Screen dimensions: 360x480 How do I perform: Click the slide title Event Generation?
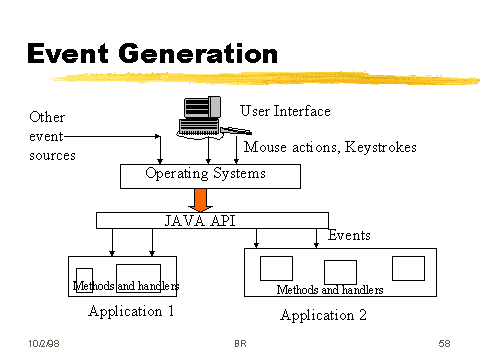(x=150, y=52)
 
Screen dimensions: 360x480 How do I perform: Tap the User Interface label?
(x=285, y=111)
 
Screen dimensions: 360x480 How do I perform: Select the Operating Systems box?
(x=208, y=176)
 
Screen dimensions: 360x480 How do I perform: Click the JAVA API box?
(x=211, y=220)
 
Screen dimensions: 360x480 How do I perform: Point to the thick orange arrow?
(x=208, y=199)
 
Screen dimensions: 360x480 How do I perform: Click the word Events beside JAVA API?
(x=349, y=236)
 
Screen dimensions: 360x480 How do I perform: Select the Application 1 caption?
(x=131, y=311)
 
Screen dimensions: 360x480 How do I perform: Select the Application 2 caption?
(x=323, y=316)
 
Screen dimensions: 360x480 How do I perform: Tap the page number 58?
(x=444, y=344)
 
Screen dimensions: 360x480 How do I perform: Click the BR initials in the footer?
(x=240, y=344)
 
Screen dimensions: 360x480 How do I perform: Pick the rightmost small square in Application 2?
(x=408, y=268)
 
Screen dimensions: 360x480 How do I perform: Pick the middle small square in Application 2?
(x=340, y=271)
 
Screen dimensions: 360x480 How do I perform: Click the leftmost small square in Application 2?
(x=276, y=268)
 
